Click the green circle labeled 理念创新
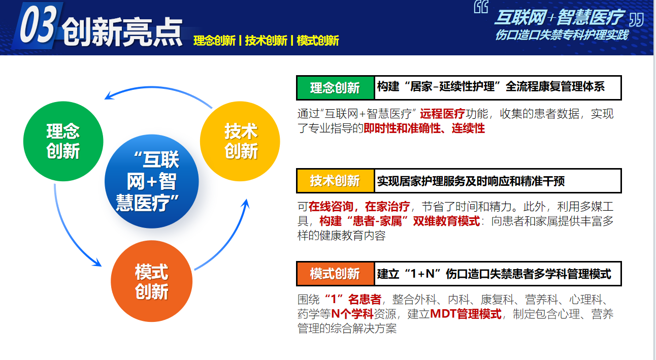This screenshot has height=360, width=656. tap(63, 141)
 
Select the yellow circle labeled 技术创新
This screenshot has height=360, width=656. tap(240, 141)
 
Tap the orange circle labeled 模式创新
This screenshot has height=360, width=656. tap(151, 281)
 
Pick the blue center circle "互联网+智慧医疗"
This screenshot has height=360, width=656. tap(152, 181)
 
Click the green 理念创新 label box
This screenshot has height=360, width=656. tap(335, 88)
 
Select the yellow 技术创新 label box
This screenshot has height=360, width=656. tap(335, 181)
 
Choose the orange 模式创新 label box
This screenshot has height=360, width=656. tap(335, 274)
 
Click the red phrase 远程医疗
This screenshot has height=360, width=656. tap(443, 114)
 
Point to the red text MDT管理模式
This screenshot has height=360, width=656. tap(466, 314)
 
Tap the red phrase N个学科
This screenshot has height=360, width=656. tap(352, 314)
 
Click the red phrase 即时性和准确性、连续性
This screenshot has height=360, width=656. tap(424, 128)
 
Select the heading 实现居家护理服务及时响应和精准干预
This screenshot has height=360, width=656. tap(471, 181)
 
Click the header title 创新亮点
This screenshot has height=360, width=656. tap(122, 31)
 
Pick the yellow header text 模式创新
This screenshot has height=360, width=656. tap(318, 41)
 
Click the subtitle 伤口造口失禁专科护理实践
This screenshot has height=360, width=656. tap(562, 35)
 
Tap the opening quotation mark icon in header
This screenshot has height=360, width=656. tap(481, 7)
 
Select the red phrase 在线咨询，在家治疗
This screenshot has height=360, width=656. tap(359, 207)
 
